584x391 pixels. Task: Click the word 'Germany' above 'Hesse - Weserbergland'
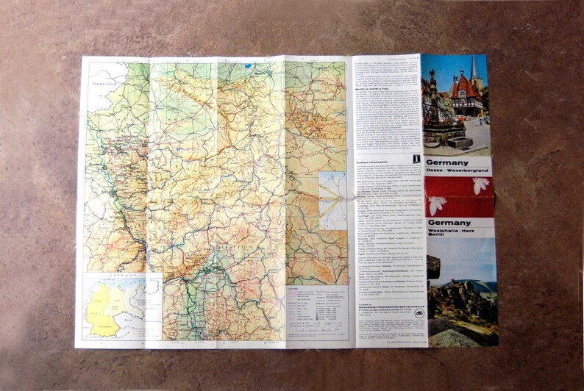[x=446, y=162]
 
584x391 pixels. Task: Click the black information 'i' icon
[x=416, y=158]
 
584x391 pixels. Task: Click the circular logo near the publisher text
[x=419, y=312]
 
